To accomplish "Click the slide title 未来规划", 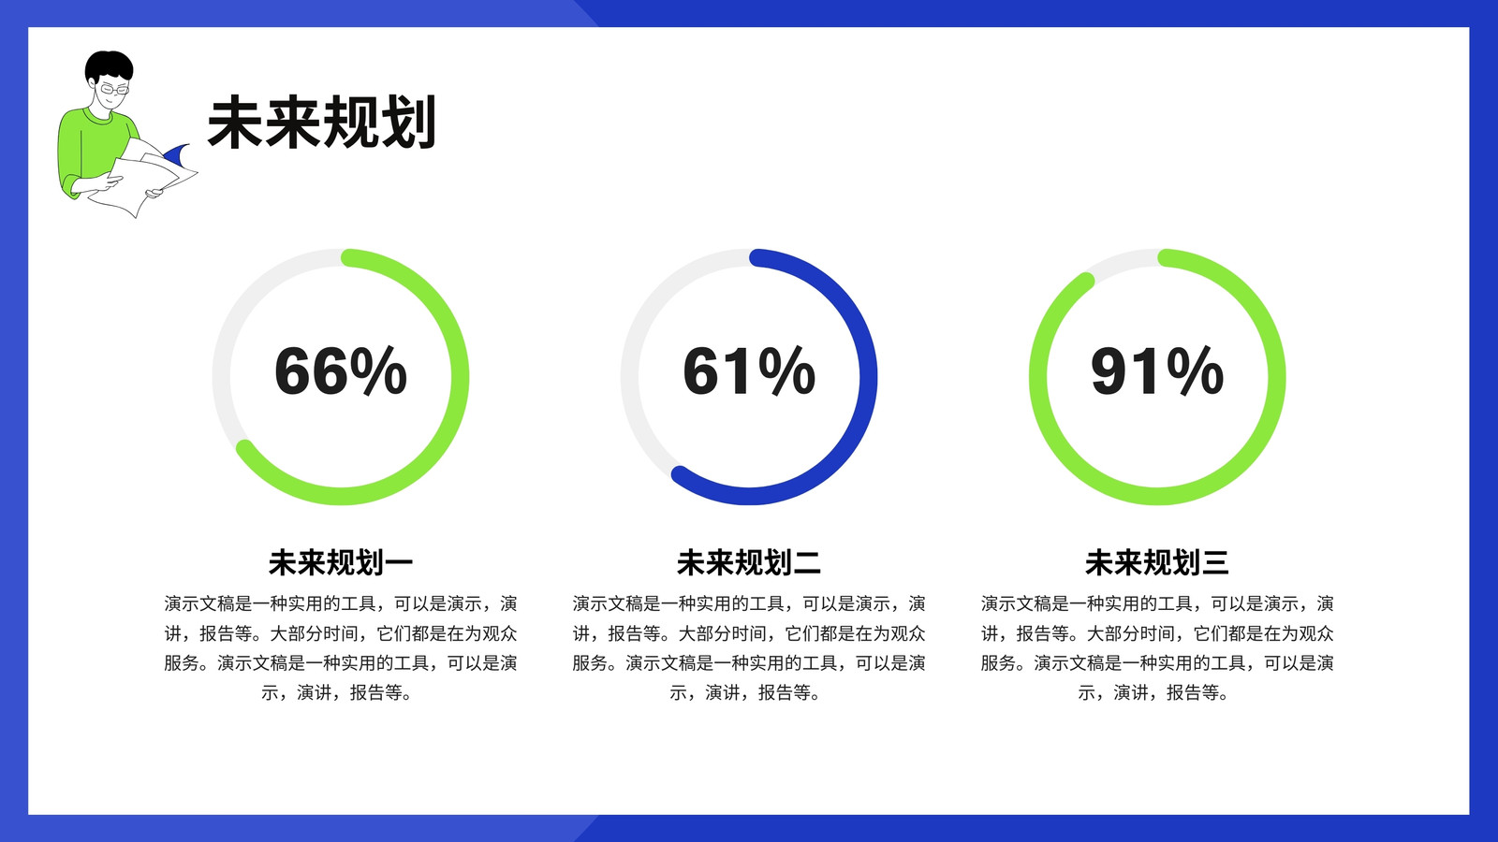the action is (x=322, y=123).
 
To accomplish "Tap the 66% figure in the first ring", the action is (x=341, y=370).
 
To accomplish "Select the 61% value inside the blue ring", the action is (x=749, y=370).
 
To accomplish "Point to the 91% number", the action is (x=1157, y=370).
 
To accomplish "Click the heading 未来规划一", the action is (x=341, y=562).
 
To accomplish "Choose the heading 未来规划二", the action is (x=749, y=562).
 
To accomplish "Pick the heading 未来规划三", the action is (x=1157, y=562).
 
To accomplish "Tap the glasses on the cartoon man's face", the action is (x=113, y=89).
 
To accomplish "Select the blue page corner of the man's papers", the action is (x=177, y=155).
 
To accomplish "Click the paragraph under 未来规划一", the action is (x=341, y=647).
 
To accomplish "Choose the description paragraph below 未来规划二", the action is (x=749, y=647).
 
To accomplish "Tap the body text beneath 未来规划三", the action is (x=1157, y=647).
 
